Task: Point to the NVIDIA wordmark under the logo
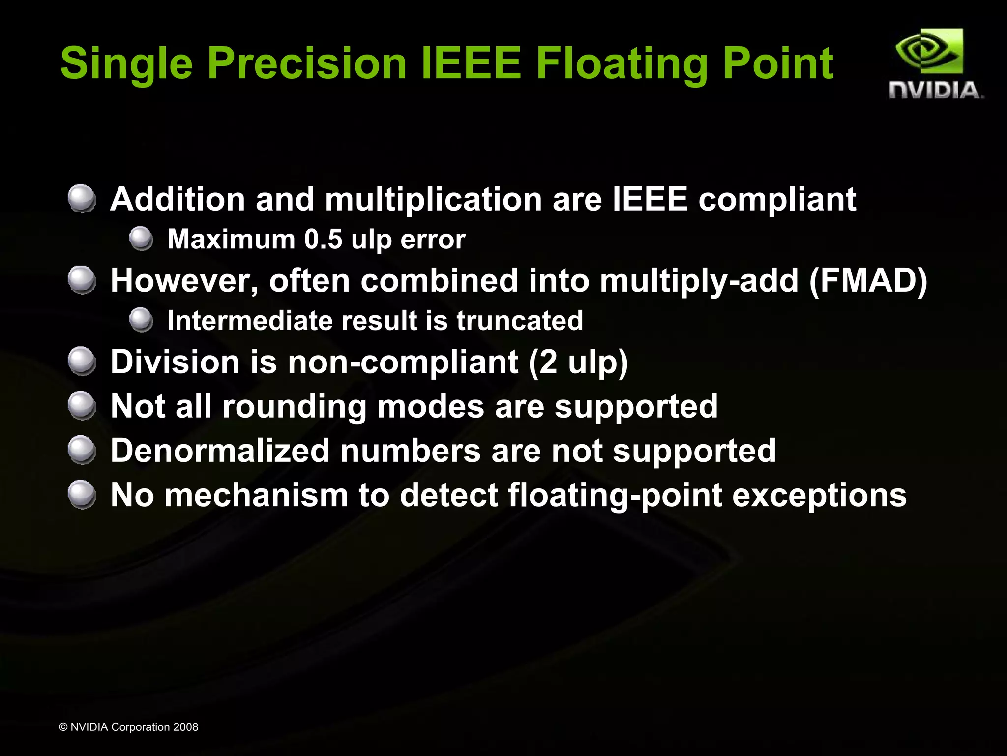click(x=935, y=91)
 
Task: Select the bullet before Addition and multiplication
click(x=82, y=199)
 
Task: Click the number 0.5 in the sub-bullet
click(x=323, y=240)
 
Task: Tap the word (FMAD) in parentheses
click(x=868, y=280)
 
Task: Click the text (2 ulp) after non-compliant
click(x=578, y=362)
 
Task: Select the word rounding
click(x=294, y=407)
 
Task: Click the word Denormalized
click(x=220, y=451)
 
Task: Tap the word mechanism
click(x=256, y=495)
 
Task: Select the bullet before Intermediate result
click(x=142, y=320)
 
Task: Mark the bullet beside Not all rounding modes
click(x=82, y=406)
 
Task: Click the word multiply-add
click(x=699, y=280)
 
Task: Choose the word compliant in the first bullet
click(x=777, y=200)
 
